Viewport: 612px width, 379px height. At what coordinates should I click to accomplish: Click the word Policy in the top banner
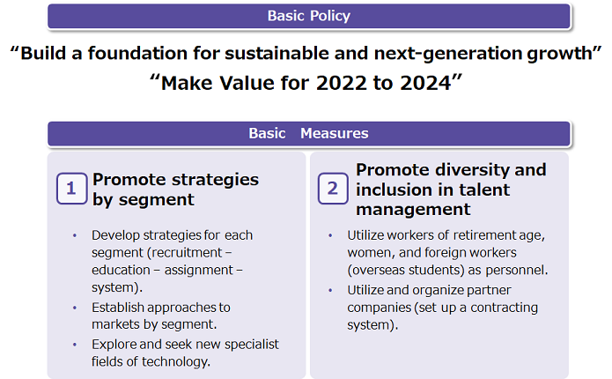(x=330, y=16)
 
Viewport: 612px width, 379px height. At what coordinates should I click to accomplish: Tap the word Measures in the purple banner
(x=334, y=133)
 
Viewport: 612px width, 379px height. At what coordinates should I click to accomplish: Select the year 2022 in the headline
(x=342, y=83)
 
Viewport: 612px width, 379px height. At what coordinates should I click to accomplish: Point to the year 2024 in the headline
(x=425, y=83)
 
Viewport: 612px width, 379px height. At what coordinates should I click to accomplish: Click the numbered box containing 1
(x=71, y=189)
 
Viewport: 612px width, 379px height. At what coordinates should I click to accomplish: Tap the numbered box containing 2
(x=333, y=189)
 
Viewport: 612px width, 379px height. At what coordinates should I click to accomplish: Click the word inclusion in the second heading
(x=400, y=189)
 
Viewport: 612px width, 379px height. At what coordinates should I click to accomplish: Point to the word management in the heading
(x=413, y=210)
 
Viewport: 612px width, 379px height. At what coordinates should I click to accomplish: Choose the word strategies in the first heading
(x=215, y=181)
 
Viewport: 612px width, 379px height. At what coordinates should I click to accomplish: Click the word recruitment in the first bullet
(x=184, y=253)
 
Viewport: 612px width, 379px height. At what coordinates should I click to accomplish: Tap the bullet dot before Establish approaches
(x=75, y=308)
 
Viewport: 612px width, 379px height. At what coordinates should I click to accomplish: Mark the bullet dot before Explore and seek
(x=75, y=345)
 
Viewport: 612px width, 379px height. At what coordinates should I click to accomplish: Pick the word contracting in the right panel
(x=504, y=308)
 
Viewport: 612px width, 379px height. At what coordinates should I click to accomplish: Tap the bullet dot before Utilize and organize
(x=330, y=290)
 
